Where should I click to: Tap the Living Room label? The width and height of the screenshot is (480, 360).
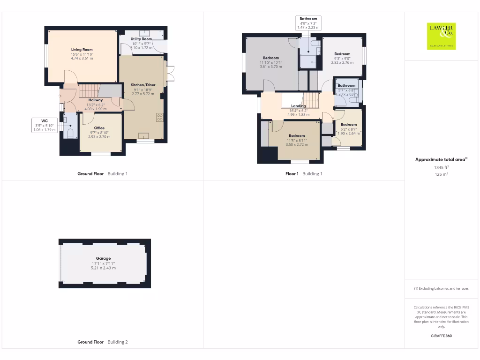[82, 50]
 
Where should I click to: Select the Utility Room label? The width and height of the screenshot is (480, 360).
[141, 39]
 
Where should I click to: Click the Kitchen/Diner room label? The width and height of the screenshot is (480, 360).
[143, 85]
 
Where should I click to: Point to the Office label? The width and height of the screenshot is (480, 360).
[99, 128]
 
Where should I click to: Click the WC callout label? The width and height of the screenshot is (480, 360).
[44, 120]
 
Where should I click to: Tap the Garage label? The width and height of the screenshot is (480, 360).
[104, 258]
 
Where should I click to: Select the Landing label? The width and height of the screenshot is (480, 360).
[298, 106]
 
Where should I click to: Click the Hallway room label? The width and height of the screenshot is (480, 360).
[96, 100]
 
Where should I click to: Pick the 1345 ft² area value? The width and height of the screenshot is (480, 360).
[441, 167]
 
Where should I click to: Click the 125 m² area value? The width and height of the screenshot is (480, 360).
[441, 174]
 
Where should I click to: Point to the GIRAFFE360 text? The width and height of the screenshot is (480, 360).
[441, 336]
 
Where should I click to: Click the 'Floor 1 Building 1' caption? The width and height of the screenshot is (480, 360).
[304, 174]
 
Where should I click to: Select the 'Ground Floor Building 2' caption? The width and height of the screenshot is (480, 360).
[102, 342]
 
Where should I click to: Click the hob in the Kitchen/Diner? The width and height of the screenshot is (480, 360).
[160, 117]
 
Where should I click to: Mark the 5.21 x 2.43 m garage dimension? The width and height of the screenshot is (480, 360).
[104, 268]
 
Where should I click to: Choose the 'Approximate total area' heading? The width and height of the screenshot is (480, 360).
[441, 160]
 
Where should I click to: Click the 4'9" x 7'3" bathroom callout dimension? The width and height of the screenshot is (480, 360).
[308, 23]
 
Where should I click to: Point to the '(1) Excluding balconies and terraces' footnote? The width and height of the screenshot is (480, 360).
[441, 289]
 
